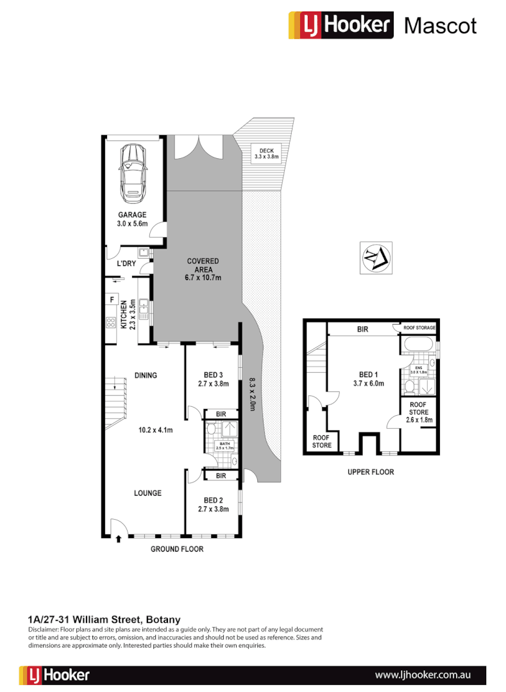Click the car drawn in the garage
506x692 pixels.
[132, 171]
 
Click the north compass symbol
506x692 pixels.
[373, 258]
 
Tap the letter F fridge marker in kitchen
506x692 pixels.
[112, 299]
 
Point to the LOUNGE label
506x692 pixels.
[148, 493]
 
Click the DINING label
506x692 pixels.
[146, 375]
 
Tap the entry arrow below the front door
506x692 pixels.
[119, 540]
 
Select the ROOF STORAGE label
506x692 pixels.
[419, 327]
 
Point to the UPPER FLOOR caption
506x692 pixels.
[371, 472]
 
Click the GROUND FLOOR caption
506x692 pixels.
[176, 549]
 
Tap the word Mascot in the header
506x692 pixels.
[441, 26]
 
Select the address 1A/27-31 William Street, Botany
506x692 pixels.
[105, 620]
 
